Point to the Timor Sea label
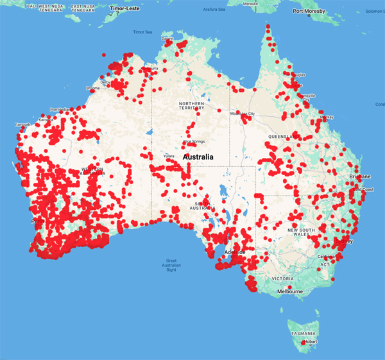[142, 31]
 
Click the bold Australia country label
[204, 157]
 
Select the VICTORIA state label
[282, 279]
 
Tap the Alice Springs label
[194, 141]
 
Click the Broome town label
[92, 89]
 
